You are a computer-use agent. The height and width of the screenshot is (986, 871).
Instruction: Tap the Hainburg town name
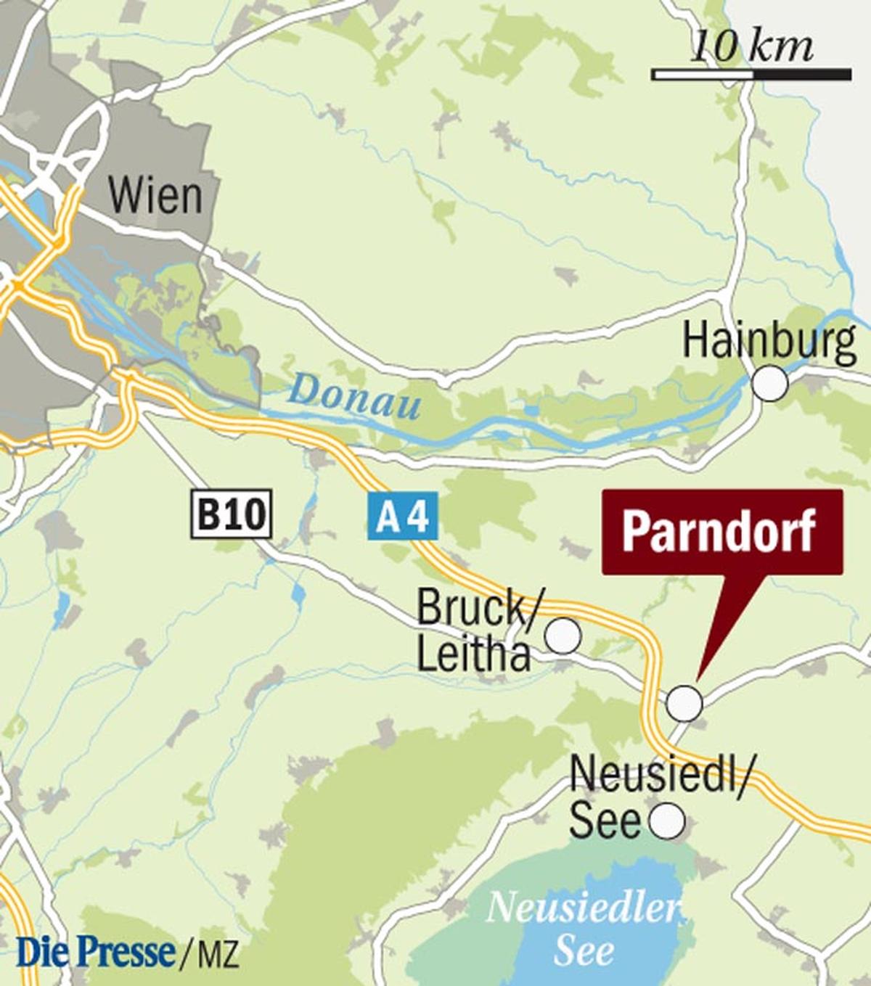pyautogui.click(x=769, y=340)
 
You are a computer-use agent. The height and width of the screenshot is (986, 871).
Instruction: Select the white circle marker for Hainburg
pyautogui.click(x=769, y=383)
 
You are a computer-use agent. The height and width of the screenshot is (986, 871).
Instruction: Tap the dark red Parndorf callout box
pyautogui.click(x=721, y=531)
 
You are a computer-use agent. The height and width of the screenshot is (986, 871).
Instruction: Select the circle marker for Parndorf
pyautogui.click(x=684, y=702)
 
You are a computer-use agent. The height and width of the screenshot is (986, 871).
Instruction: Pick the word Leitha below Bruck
pyautogui.click(x=473, y=654)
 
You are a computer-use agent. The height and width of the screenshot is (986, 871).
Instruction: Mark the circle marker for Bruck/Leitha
pyautogui.click(x=563, y=636)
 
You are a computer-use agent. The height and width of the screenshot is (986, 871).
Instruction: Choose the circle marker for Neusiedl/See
pyautogui.click(x=666, y=821)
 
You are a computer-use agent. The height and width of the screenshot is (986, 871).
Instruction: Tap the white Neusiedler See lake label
pyautogui.click(x=584, y=929)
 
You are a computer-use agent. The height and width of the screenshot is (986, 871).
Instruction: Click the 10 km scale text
pyautogui.click(x=751, y=46)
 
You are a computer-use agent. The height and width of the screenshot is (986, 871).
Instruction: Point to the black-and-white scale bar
pyautogui.click(x=751, y=74)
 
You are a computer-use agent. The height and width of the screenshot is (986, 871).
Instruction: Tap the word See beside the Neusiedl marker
pyautogui.click(x=604, y=821)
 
